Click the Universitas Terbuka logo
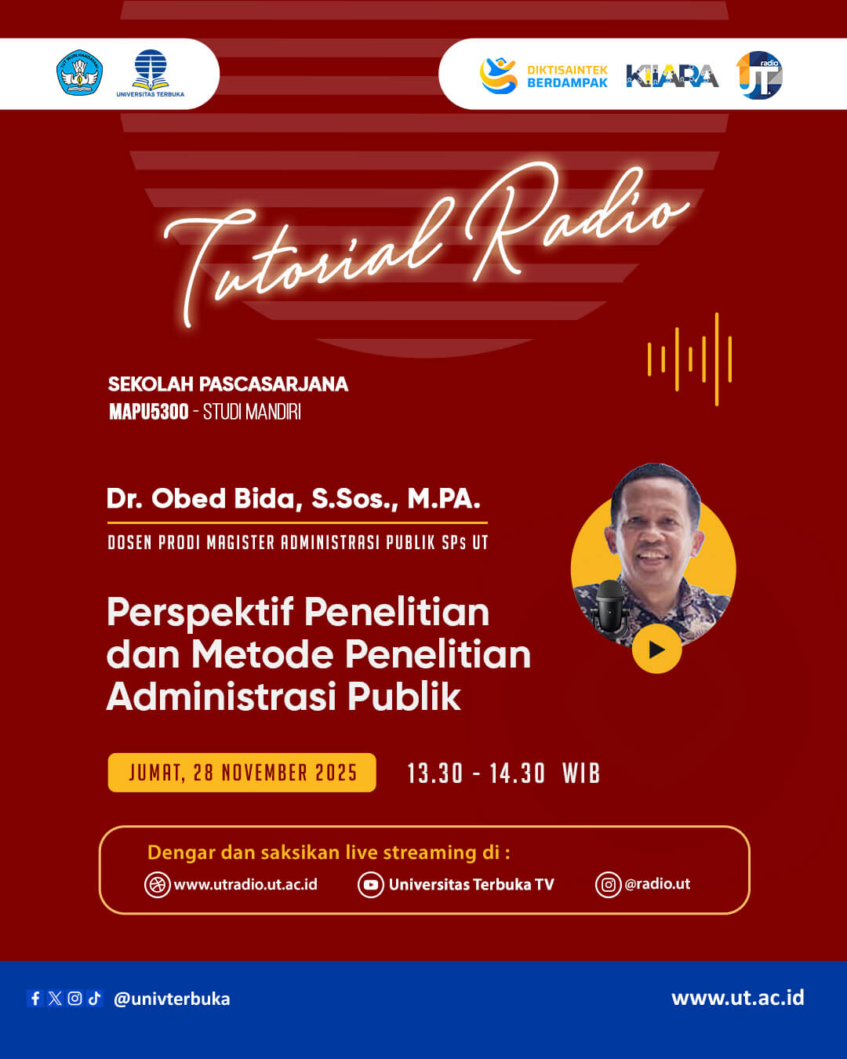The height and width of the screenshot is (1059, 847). (x=150, y=73)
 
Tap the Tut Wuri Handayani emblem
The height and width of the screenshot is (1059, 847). (x=79, y=73)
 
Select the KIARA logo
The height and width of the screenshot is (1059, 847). (x=672, y=75)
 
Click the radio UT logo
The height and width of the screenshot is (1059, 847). (x=759, y=75)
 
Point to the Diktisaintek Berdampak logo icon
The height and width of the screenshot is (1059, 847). (x=498, y=75)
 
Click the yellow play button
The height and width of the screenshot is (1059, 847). (x=656, y=649)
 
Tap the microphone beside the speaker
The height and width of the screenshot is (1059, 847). (x=610, y=605)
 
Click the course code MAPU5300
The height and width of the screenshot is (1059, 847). (x=149, y=412)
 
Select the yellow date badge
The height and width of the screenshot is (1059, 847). (x=242, y=773)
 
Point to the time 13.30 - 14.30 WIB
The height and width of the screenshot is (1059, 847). (x=503, y=773)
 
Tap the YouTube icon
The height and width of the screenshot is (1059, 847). (x=370, y=885)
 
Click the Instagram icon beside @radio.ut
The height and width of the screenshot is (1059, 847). (x=608, y=885)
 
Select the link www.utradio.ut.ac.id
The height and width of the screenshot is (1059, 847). (x=245, y=885)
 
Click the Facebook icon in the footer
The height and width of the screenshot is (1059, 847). (x=35, y=999)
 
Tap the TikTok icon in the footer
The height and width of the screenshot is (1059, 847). (x=95, y=999)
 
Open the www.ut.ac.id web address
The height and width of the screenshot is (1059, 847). (x=737, y=998)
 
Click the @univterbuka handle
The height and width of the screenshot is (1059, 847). (x=172, y=999)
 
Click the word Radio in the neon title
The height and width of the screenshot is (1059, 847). (x=576, y=220)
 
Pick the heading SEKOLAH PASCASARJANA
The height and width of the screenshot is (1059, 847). (x=228, y=384)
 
